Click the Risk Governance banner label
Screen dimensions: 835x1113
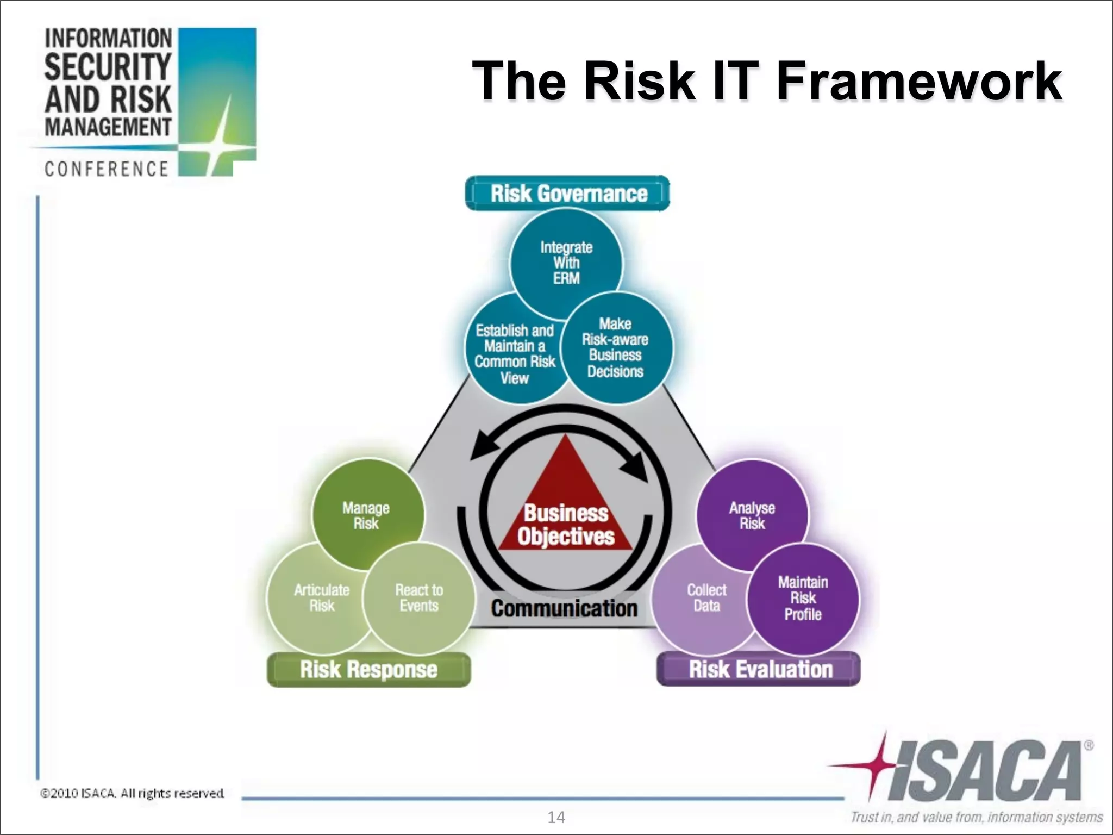pyautogui.click(x=568, y=194)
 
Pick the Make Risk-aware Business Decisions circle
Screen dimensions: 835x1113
pyautogui.click(x=615, y=348)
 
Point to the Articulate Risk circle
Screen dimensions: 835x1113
pyautogui.click(x=321, y=598)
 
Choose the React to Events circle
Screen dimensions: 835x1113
pyautogui.click(x=418, y=598)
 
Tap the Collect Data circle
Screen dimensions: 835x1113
pyautogui.click(x=705, y=598)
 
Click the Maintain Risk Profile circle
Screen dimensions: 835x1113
pyautogui.click(x=803, y=598)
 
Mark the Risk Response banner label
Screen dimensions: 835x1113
pyautogui.click(x=368, y=669)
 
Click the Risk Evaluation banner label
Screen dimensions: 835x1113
pyautogui.click(x=760, y=669)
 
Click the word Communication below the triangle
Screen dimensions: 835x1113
pyautogui.click(x=564, y=608)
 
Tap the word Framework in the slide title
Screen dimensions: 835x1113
pyautogui.click(x=918, y=82)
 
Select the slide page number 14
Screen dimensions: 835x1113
pyautogui.click(x=556, y=817)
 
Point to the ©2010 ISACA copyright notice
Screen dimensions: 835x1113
pyautogui.click(x=132, y=793)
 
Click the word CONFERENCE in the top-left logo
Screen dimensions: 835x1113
pyautogui.click(x=107, y=169)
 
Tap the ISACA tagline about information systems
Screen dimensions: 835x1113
pyautogui.click(x=976, y=817)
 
